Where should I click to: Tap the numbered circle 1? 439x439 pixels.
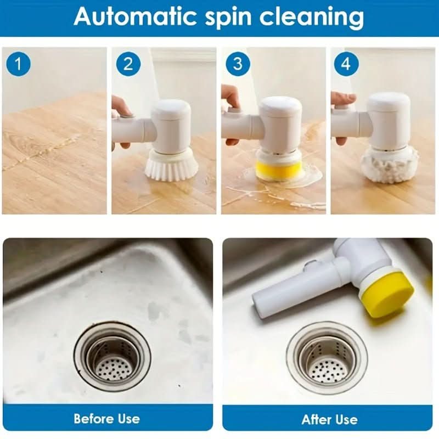pos(19,64)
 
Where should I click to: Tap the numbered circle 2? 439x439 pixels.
pos(128,64)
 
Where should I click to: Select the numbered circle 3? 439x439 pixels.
pos(237,64)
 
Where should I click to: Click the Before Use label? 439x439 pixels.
pos(107,419)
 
